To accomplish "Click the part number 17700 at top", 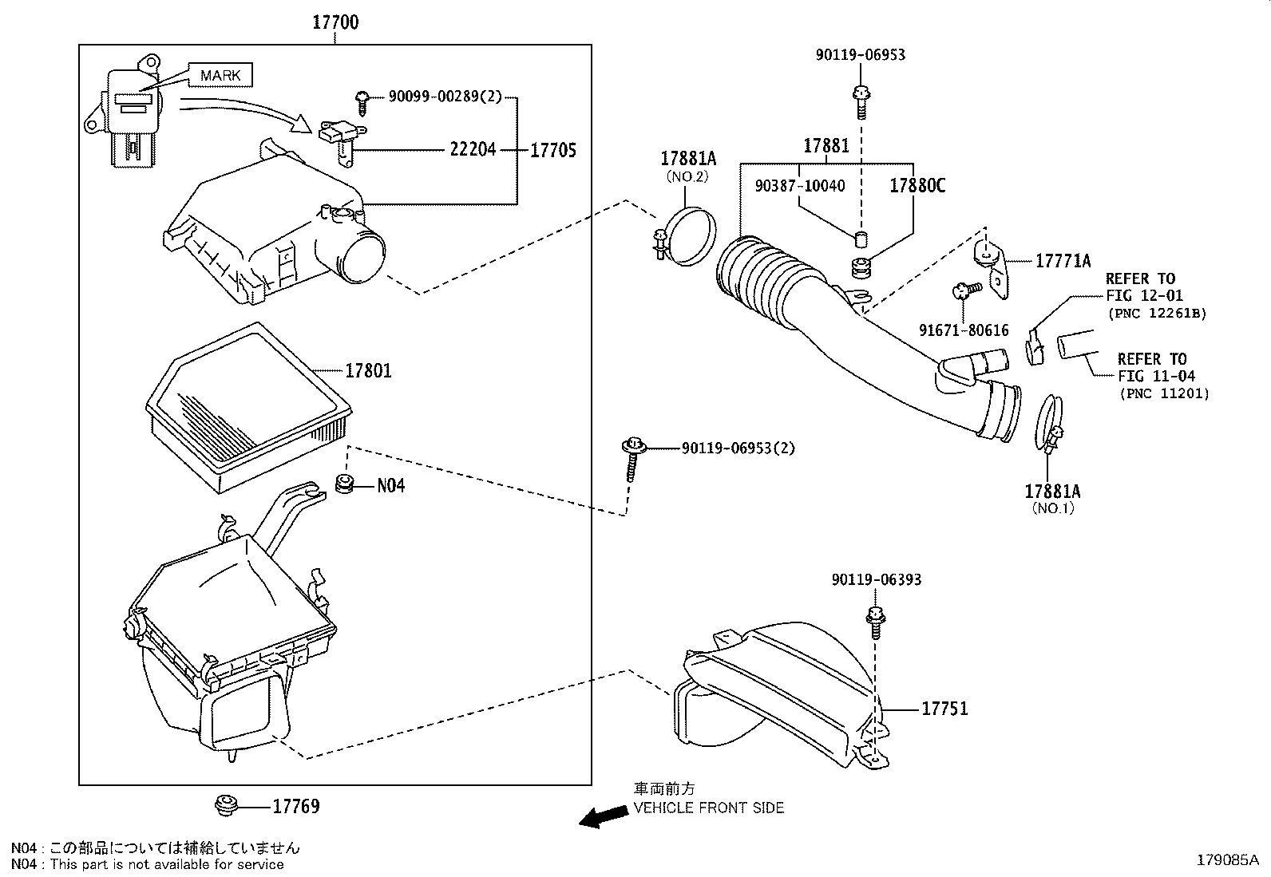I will [335, 22].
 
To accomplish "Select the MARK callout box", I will [220, 76].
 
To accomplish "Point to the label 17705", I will [553, 150].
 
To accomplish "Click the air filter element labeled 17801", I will [247, 407].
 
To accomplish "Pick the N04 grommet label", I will [390, 485].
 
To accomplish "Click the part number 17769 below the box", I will [296, 807].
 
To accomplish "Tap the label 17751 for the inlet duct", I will [944, 709].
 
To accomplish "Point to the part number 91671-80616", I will [964, 330].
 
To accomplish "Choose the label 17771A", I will [1063, 261].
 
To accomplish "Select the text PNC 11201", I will [1164, 393].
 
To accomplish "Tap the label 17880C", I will [917, 186].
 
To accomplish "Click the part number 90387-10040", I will [800, 186].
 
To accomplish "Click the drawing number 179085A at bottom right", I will [1227, 860].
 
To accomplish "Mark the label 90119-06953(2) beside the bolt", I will [738, 448].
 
